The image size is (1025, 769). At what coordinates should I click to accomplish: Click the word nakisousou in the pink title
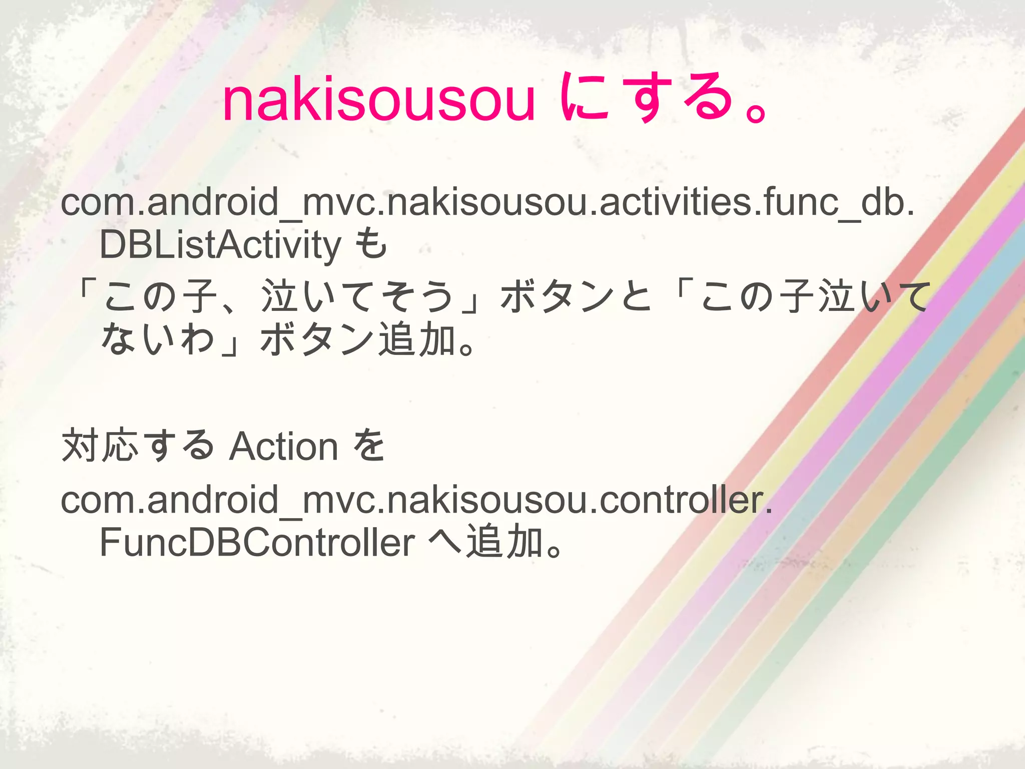pos(379,100)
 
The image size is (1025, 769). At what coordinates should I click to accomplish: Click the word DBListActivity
pos(220,245)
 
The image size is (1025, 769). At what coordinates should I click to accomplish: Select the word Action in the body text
pos(284,447)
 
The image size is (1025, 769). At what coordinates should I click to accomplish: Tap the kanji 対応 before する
pos(100,446)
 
